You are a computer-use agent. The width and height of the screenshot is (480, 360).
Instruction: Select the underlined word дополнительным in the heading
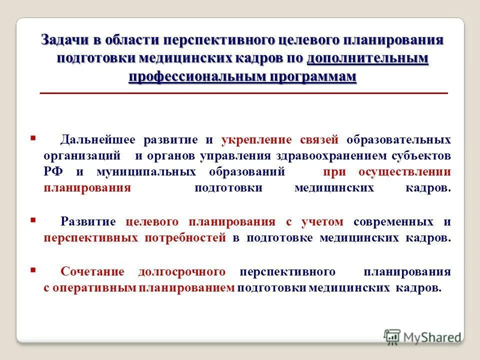(367, 58)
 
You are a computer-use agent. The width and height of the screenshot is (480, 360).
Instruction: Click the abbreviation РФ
(53, 172)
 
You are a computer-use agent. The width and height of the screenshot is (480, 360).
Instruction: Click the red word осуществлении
(404, 172)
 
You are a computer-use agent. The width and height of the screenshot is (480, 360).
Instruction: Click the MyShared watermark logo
(422, 336)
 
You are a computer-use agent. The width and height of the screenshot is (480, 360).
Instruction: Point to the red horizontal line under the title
(243, 93)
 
